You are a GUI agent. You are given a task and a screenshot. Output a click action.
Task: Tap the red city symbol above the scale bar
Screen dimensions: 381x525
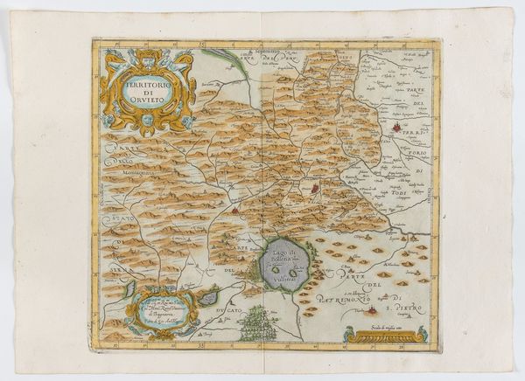377,309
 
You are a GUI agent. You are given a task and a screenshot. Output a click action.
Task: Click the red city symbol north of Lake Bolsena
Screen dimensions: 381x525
316,186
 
